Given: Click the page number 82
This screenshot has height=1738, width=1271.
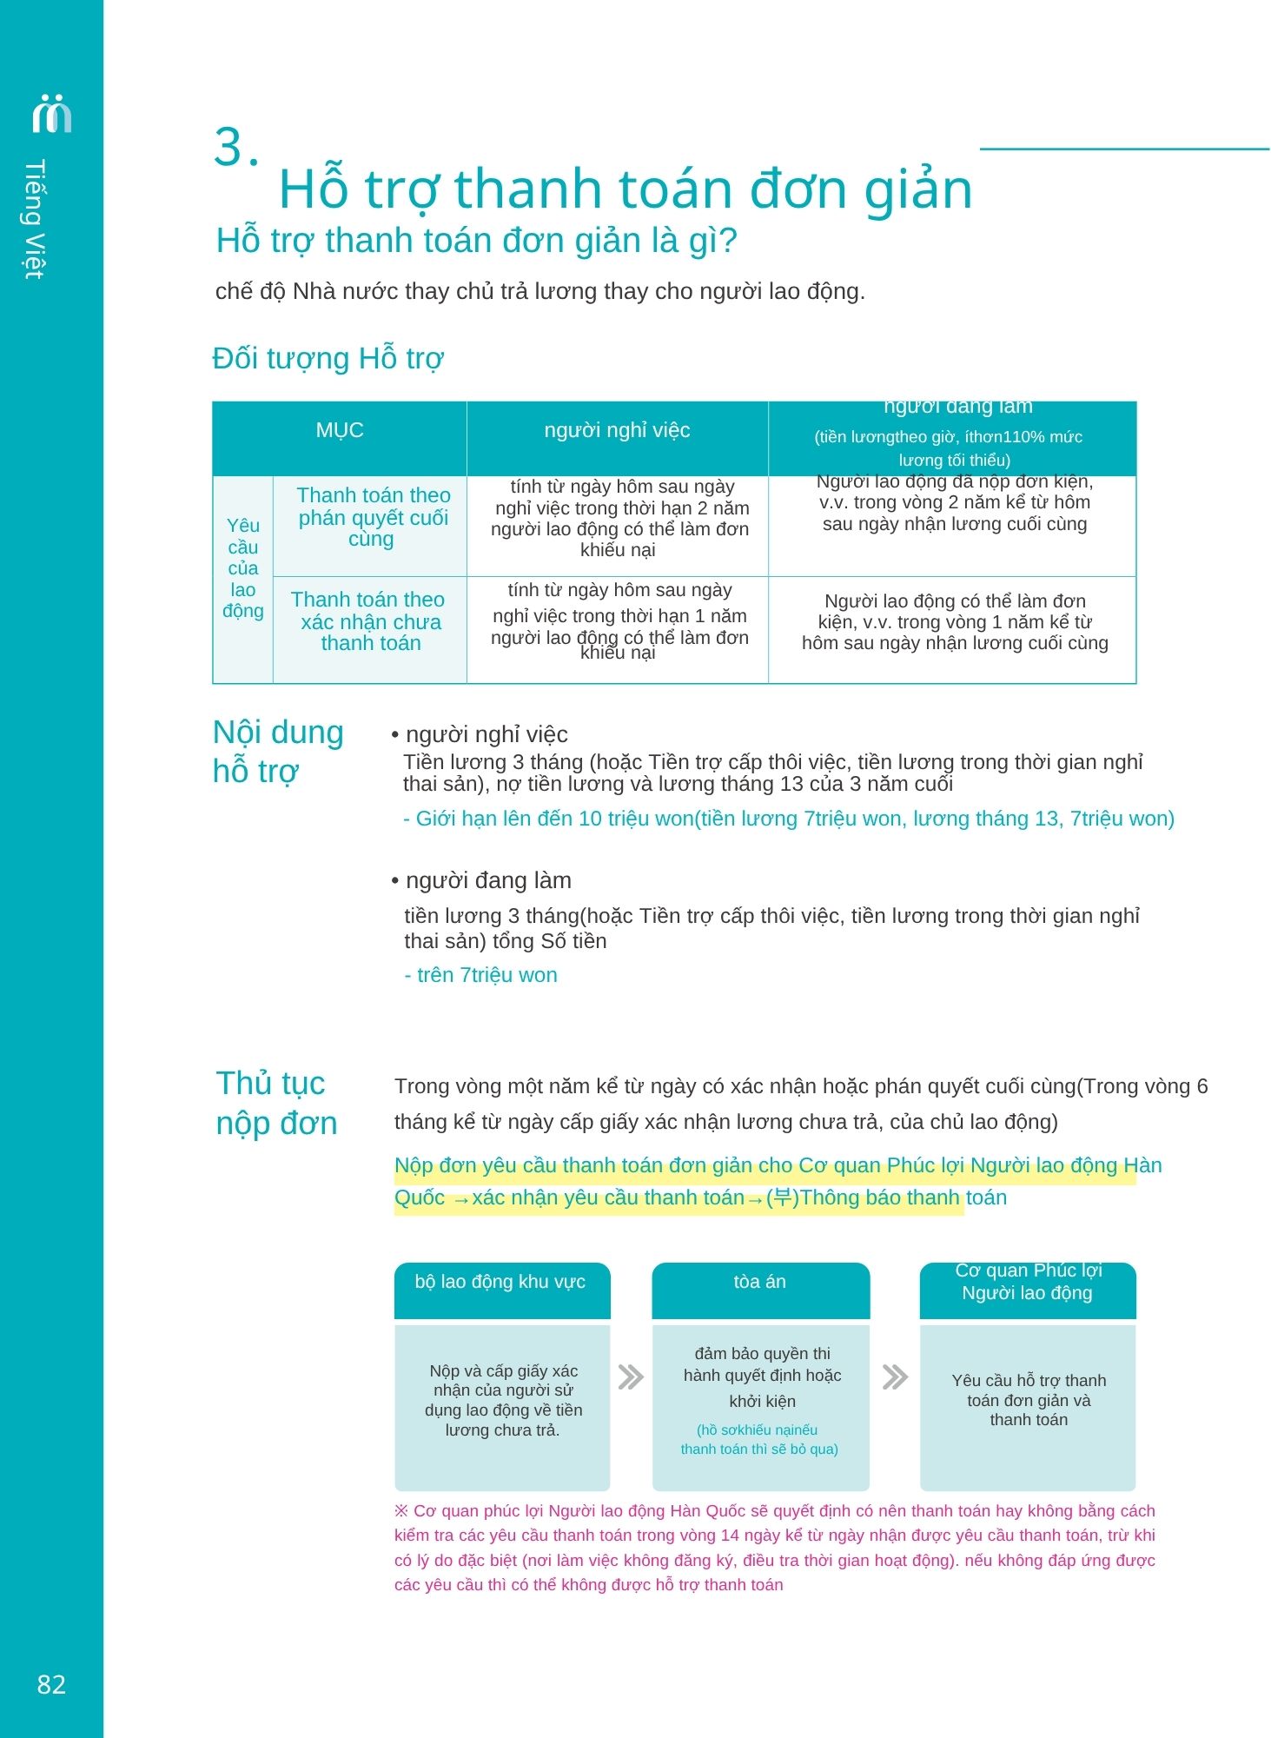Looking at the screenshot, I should tap(51, 1684).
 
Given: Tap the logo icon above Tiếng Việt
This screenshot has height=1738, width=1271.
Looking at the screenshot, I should tap(51, 113).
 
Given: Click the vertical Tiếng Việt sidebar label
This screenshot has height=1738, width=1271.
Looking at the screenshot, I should tap(34, 219).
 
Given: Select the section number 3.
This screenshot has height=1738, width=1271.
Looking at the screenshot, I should tap(235, 147).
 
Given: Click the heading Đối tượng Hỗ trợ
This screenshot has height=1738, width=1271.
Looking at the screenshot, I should tap(328, 358).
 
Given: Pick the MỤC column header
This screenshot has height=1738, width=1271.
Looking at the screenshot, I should tap(339, 430).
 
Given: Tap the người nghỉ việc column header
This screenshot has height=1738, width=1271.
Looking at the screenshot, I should tap(617, 430).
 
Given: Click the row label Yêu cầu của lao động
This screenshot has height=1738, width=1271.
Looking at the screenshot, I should tap(243, 567).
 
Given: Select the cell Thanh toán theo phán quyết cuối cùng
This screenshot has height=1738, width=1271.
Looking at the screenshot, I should tap(373, 516).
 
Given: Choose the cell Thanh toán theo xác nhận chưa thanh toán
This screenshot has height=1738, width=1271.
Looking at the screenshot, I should tap(369, 620).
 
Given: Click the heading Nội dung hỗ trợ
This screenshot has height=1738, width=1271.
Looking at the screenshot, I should tap(278, 751).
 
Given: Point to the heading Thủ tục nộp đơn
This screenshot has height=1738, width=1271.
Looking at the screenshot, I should tap(276, 1103).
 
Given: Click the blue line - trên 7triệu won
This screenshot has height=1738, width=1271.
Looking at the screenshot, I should tap(480, 975).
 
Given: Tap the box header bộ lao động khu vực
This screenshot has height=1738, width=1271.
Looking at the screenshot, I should tap(500, 1282).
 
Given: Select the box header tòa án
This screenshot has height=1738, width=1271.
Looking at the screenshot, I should tap(759, 1282).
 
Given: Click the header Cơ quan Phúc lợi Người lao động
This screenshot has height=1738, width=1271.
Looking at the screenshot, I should tap(1027, 1282).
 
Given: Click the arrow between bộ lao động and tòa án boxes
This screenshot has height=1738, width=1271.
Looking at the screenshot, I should tap(631, 1376).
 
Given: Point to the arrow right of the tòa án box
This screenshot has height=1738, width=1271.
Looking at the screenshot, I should tap(895, 1376).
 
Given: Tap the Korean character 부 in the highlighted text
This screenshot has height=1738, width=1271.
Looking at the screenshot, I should tap(782, 1197).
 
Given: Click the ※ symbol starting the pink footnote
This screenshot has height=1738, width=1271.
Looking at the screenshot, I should tap(401, 1511).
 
